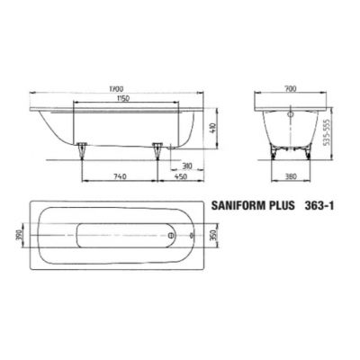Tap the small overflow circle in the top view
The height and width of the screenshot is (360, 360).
coord(192,238)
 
